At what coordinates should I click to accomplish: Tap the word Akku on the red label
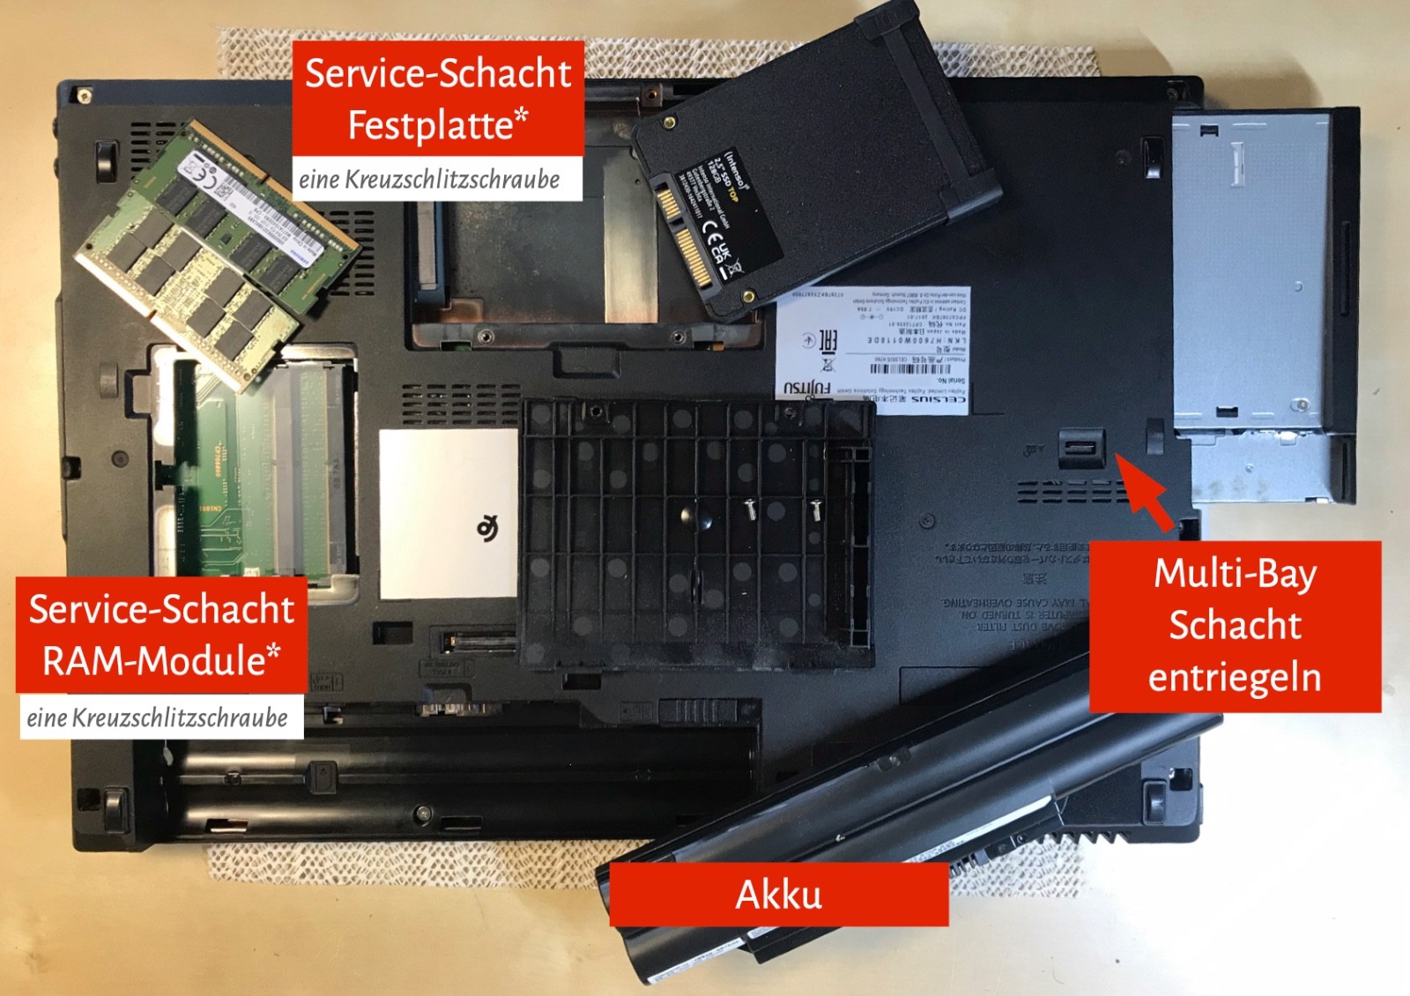(779, 895)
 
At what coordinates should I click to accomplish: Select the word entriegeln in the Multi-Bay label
(1234, 678)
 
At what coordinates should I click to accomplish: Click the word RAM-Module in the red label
(161, 660)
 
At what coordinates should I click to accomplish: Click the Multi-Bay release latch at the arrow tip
(1081, 448)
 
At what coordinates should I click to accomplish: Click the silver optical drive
(1260, 300)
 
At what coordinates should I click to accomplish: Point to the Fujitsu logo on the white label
(807, 388)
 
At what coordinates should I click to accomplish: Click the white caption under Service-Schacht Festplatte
(430, 180)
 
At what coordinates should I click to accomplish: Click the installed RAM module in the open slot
(264, 467)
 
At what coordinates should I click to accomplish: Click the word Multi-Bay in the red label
(1234, 573)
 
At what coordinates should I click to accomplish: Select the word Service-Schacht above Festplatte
(438, 73)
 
